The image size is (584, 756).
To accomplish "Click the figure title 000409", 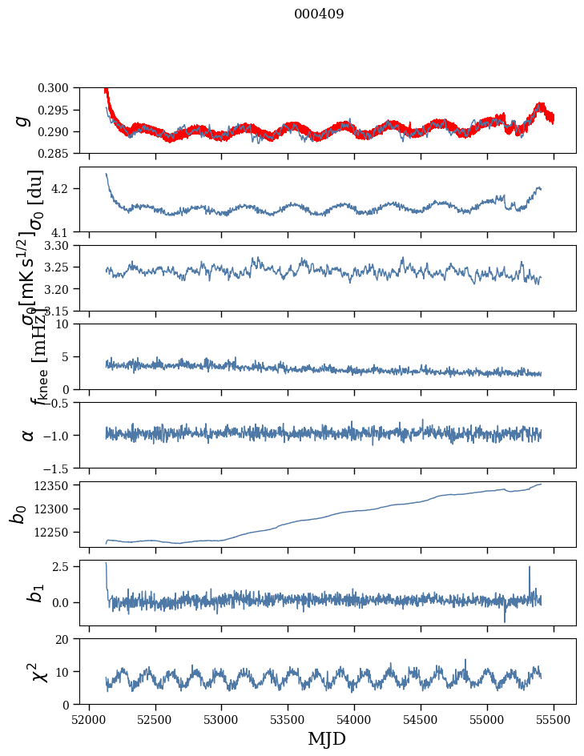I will click(319, 14).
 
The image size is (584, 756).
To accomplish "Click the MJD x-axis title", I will click(327, 739).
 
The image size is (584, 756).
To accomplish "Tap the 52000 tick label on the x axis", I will click(89, 720).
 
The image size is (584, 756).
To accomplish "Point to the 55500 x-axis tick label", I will click(554, 720).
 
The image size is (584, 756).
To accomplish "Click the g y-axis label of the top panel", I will click(24, 120).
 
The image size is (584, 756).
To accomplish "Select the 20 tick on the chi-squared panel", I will click(69, 639).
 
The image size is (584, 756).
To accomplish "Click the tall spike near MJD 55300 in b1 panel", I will click(529, 568).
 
